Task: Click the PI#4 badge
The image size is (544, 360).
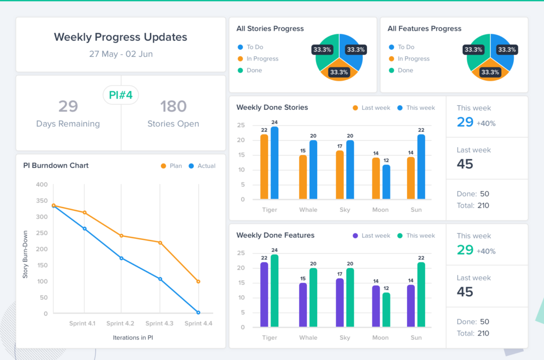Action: click(121, 96)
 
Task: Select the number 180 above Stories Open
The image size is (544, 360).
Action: click(173, 107)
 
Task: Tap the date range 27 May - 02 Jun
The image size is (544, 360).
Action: click(121, 54)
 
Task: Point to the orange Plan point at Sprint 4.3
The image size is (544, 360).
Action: click(160, 243)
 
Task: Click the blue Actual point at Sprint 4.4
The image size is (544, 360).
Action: click(198, 313)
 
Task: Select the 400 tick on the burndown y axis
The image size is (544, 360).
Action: click(41, 185)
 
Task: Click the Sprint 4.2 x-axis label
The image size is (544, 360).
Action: click(121, 323)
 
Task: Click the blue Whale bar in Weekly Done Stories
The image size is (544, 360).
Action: click(313, 170)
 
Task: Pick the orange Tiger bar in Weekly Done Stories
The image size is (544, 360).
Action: click(264, 167)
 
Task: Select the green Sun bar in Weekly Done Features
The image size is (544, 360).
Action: click(421, 294)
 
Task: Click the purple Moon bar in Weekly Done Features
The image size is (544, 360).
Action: click(376, 306)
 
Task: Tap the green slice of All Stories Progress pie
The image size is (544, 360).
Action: click(327, 51)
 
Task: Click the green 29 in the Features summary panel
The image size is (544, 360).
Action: click(465, 250)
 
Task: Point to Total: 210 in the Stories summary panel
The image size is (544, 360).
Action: click(473, 205)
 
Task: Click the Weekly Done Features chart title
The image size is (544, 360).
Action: click(275, 235)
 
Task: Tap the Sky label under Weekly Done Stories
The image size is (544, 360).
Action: click(345, 210)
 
